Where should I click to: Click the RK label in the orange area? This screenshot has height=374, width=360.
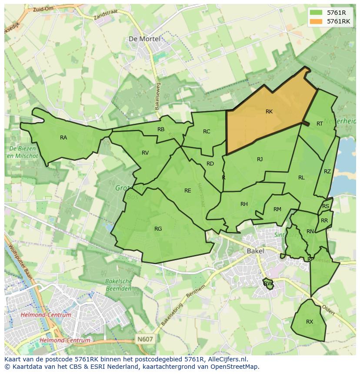click(x=269, y=112)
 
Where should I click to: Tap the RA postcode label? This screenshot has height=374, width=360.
click(x=63, y=138)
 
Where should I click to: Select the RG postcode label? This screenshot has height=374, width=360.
click(x=158, y=229)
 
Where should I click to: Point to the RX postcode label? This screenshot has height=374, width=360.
click(x=310, y=322)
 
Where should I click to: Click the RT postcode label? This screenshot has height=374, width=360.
click(x=320, y=124)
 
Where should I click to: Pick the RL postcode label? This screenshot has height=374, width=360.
click(x=301, y=178)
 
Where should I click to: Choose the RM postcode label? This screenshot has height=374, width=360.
click(x=277, y=209)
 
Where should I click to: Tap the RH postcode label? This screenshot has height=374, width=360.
click(x=244, y=204)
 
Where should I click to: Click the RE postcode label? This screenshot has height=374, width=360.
click(x=187, y=191)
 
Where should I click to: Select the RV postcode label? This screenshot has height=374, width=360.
click(x=145, y=153)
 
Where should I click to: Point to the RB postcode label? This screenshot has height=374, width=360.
click(x=161, y=129)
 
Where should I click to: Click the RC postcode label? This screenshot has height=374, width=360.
click(x=207, y=132)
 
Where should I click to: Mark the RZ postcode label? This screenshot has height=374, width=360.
click(x=327, y=172)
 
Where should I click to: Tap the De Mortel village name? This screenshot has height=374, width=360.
click(x=144, y=39)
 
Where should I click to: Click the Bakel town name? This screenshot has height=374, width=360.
click(x=255, y=251)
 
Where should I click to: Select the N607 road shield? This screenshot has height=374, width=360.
click(x=145, y=339)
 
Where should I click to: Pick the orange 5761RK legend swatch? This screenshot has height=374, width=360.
click(x=316, y=21)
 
